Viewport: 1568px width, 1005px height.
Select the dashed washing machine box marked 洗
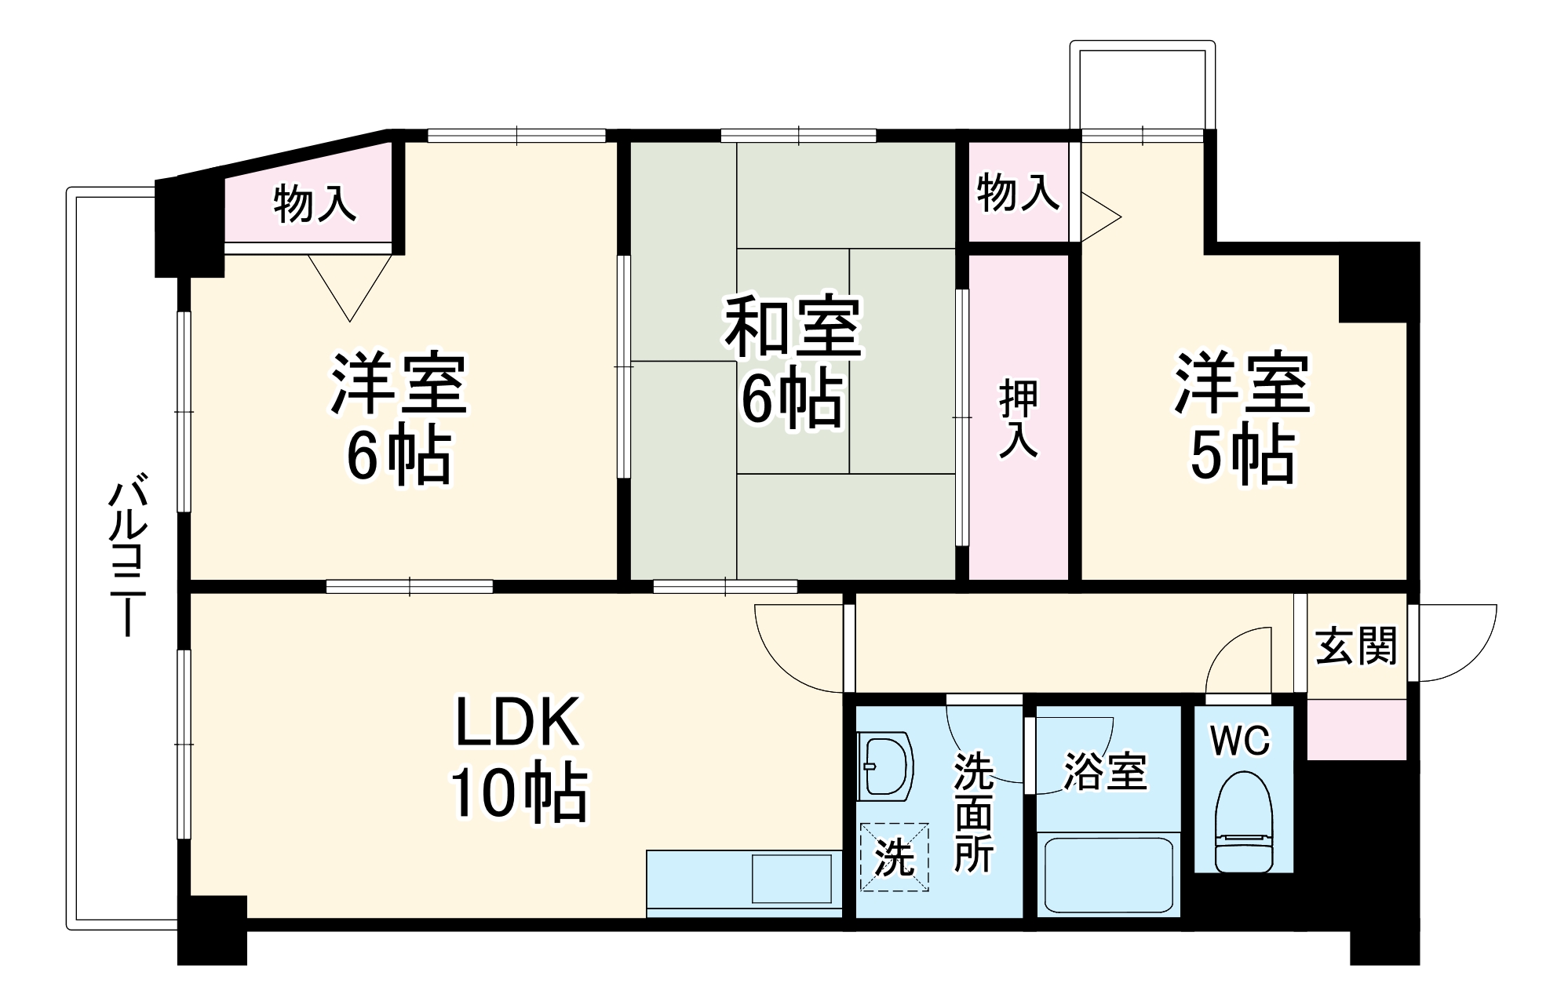point(895,857)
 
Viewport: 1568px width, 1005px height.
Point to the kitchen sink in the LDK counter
point(792,879)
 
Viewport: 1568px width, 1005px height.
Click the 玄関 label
point(1356,646)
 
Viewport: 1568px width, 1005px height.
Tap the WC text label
point(1240,741)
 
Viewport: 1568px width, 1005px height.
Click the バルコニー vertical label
point(126,557)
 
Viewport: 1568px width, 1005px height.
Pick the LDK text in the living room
point(518,722)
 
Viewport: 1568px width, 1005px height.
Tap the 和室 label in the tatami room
point(793,326)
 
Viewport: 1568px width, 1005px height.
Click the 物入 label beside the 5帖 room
point(1017,192)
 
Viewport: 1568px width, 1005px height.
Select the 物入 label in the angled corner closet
point(314,204)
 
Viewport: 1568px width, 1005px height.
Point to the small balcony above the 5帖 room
point(1143,86)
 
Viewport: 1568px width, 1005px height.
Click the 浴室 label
point(1106,772)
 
